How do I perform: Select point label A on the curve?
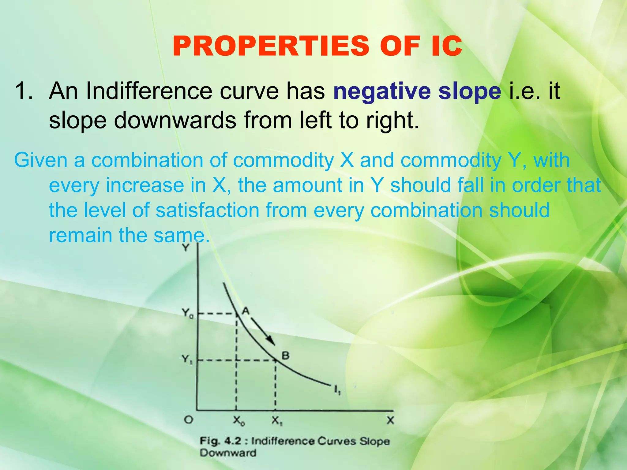coord(246,311)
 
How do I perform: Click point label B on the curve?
coord(285,355)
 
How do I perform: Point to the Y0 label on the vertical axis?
coord(187,313)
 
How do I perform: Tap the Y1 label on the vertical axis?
coord(187,359)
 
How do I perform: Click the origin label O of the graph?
coord(188,420)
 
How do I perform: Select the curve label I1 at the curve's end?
coord(337,390)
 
